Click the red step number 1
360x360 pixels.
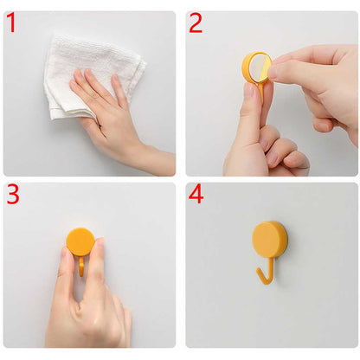coord(11,22)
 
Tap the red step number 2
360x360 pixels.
coord(196,22)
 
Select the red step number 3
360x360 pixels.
coord(13,195)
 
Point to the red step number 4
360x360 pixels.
coord(196,195)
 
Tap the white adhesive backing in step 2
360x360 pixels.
coord(259,68)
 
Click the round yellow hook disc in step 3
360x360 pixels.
coord(80,241)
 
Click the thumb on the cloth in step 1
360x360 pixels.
coord(78,84)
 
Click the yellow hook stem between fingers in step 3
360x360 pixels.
coord(82,266)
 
